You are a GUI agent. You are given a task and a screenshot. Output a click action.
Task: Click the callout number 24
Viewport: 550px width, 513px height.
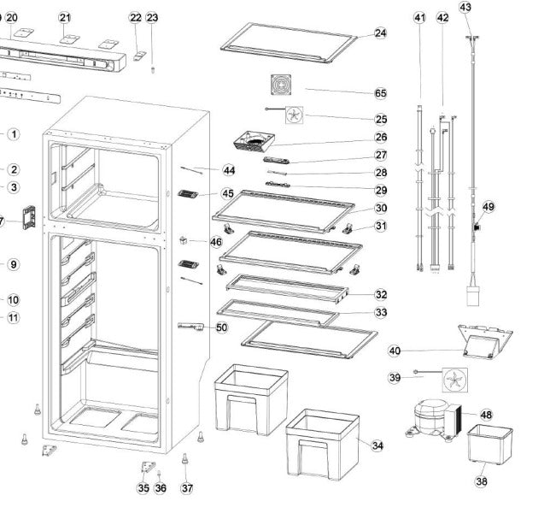(381, 33)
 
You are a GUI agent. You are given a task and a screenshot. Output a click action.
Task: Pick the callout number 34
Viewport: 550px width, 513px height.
(377, 445)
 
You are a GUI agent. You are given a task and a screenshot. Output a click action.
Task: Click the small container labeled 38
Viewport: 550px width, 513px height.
(490, 445)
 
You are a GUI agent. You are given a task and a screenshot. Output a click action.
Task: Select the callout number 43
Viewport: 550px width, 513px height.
(465, 7)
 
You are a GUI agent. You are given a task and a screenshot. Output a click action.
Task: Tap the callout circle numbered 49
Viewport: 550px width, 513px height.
(489, 206)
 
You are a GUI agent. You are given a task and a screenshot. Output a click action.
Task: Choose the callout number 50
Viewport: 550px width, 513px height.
(222, 327)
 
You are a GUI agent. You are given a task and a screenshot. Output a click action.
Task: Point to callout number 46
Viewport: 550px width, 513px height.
(216, 243)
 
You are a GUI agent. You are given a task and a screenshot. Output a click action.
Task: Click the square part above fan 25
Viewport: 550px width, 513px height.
(282, 86)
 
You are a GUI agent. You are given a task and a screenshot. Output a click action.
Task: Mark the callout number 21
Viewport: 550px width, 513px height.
(66, 17)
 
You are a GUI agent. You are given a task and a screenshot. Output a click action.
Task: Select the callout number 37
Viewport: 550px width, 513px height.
(187, 488)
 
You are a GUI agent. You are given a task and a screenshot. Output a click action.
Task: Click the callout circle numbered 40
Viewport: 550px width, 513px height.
(395, 351)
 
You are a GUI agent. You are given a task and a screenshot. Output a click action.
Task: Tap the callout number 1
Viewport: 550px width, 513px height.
(14, 134)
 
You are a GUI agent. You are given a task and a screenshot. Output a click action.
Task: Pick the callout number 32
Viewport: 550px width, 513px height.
(381, 294)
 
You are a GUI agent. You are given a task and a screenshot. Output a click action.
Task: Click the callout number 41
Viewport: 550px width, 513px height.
(419, 17)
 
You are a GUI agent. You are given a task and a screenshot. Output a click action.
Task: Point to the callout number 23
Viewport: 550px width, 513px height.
(152, 17)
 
